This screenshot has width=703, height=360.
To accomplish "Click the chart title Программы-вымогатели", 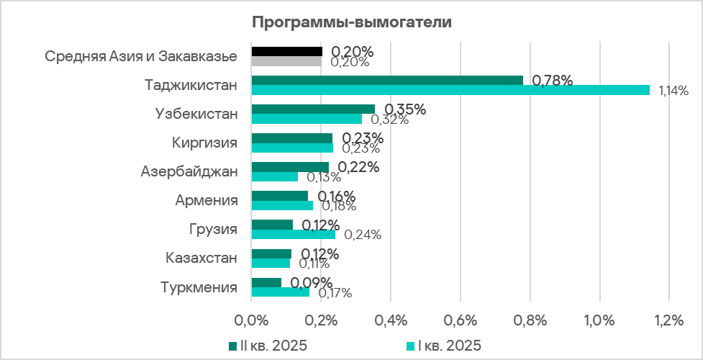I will pyautogui.click(x=351, y=22).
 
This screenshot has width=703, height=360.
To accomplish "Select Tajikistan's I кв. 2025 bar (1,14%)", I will pyautogui.click(x=450, y=90).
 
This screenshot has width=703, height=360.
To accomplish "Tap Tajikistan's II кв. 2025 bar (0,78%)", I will pyautogui.click(x=387, y=80).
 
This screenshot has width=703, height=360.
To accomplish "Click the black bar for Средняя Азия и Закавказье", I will pyautogui.click(x=286, y=51).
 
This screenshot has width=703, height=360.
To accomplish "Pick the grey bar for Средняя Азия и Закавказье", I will pyautogui.click(x=286, y=61).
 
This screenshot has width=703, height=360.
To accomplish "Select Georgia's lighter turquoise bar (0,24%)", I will pyautogui.click(x=293, y=234).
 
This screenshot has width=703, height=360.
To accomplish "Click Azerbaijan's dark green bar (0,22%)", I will pyautogui.click(x=289, y=166).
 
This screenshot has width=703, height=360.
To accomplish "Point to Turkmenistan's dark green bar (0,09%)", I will pyautogui.click(x=266, y=282).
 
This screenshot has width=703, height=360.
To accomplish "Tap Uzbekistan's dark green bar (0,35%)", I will pyautogui.click(x=313, y=109).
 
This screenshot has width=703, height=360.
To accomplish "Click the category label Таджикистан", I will pyautogui.click(x=191, y=85).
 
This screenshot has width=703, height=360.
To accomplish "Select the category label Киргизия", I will pyautogui.click(x=204, y=143).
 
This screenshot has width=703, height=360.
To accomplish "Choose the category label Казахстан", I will pyautogui.click(x=201, y=258).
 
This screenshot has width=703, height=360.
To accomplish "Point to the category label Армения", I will pyautogui.click(x=206, y=200).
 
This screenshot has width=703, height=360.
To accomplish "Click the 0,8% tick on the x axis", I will pyautogui.click(x=530, y=320).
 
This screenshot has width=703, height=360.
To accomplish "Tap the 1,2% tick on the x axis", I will pyautogui.click(x=668, y=320).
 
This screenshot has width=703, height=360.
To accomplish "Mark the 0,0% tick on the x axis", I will pyautogui.click(x=251, y=320).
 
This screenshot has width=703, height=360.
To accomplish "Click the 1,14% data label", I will pyautogui.click(x=673, y=91).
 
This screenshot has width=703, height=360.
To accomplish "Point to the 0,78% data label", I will pyautogui.click(x=552, y=81).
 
